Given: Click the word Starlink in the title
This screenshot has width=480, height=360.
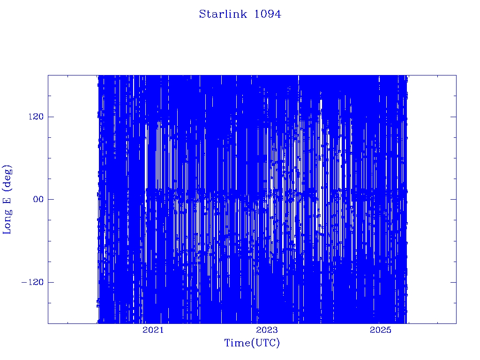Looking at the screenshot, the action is [223, 14].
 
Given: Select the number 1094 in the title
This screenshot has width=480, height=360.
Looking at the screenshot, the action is [268, 14].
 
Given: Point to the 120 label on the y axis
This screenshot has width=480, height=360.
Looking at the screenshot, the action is [36, 117].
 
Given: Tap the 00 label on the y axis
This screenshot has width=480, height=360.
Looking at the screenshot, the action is [39, 199].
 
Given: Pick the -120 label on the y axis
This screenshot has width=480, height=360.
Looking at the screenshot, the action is [33, 282].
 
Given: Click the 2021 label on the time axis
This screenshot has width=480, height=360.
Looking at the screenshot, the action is [153, 330].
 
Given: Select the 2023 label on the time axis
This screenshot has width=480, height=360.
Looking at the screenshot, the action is [267, 330].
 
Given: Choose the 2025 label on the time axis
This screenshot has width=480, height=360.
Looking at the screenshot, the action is [381, 330].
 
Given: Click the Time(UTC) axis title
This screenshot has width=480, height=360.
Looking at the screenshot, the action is [252, 343].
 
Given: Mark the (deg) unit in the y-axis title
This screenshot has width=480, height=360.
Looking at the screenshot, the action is [7, 177].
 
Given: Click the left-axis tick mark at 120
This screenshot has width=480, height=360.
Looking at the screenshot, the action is [51, 117].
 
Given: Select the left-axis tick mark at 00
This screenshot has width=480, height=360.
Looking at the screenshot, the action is [51, 199].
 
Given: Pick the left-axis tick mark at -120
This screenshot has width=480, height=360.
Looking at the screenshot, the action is [51, 282].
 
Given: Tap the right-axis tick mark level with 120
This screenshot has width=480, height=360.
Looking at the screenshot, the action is [453, 117].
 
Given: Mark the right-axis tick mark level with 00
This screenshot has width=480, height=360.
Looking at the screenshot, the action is [453, 199].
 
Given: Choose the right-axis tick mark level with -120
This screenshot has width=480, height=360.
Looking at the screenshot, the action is [453, 282].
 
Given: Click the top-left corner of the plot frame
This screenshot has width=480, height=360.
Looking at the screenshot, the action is [48, 75].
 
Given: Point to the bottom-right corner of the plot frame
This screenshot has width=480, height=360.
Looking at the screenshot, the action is [457, 323].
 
